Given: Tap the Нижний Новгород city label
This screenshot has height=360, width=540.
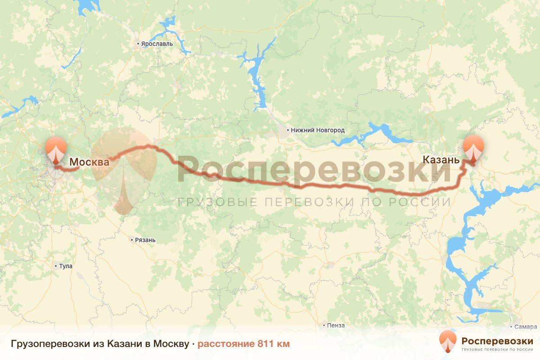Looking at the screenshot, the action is [x=318, y=130].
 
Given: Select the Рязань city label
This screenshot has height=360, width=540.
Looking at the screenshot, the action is [x=145, y=240].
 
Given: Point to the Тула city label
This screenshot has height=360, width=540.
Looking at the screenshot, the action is [x=66, y=266].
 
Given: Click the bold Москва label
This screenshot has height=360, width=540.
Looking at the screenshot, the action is [x=89, y=162].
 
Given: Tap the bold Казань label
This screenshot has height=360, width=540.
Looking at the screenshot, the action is [x=441, y=159].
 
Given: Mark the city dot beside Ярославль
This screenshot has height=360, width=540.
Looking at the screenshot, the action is [x=139, y=44].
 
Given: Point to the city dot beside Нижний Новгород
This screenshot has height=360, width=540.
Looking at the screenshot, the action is [x=288, y=130].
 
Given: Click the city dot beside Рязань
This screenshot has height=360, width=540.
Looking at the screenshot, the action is [x=131, y=240].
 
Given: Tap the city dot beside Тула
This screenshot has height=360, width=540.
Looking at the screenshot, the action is [x=56, y=266].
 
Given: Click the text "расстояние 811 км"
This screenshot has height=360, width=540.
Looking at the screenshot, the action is [x=243, y=344].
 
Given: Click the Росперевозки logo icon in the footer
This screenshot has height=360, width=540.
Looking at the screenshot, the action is [x=447, y=341].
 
